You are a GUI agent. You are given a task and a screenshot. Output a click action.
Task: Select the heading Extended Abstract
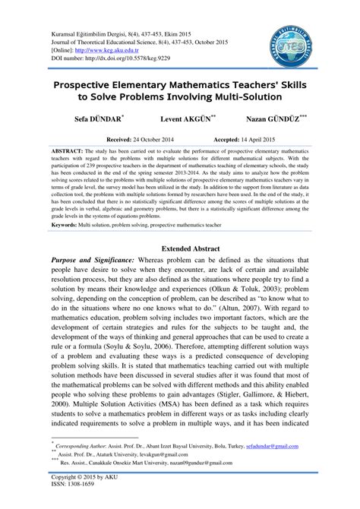[180, 248]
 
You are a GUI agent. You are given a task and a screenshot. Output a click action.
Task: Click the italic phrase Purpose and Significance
[99, 260]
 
